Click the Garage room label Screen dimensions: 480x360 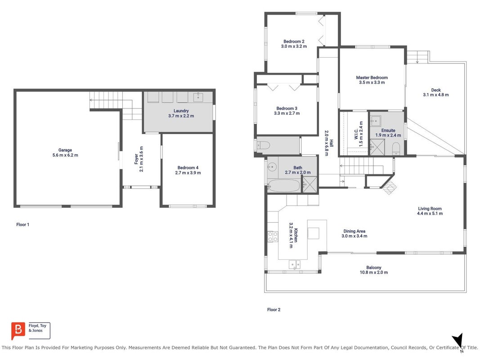click(x=65, y=150)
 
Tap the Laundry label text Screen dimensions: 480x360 click(x=181, y=111)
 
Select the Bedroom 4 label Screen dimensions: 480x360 click(x=188, y=168)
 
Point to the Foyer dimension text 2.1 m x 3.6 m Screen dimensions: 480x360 click(x=141, y=159)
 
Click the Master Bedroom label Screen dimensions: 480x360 click(x=372, y=78)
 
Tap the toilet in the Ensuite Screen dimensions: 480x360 click(x=396, y=148)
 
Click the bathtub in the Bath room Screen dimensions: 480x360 click(x=284, y=185)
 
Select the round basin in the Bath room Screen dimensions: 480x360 click(x=272, y=167)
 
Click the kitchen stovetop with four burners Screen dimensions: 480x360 click(x=273, y=236)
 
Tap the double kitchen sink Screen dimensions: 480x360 click(x=295, y=264)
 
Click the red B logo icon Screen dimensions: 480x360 click(x=18, y=330)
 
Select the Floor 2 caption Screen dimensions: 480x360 click(x=274, y=310)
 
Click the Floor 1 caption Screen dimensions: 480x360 click(x=22, y=225)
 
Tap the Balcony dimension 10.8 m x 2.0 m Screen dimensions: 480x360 click(x=373, y=272)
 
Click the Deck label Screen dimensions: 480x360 click(x=436, y=90)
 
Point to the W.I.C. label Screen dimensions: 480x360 click(x=356, y=134)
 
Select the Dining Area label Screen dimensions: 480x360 click(x=354, y=231)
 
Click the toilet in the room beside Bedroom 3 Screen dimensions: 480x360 click(x=263, y=145)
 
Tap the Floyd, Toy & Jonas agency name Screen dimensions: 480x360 click(x=37, y=328)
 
